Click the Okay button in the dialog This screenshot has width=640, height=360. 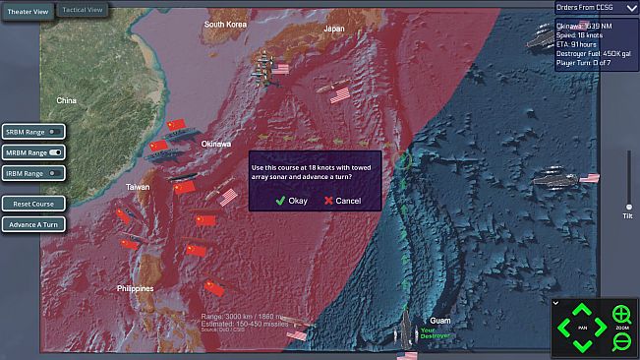pos(292,200)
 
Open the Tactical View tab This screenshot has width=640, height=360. pos(82,10)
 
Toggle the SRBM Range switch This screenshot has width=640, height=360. pos(55,131)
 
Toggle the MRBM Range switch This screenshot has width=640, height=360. pos(55,152)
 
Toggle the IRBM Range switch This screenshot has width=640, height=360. pos(55,173)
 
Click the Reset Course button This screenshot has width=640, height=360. pos(33,203)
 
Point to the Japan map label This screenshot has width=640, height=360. pos(334,29)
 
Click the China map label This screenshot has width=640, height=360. pos(66,100)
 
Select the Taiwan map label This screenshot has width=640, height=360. pos(138,186)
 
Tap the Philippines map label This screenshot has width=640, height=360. pos(135,288)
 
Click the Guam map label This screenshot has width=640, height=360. pos(440,321)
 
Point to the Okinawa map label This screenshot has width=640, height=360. pos(216,144)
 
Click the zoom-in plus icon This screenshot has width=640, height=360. pos(620,315)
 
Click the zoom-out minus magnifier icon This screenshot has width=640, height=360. pos(620,341)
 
